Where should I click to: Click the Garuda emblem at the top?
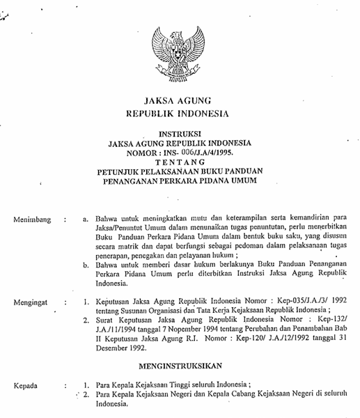click(180, 49)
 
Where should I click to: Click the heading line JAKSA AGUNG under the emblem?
click(180, 100)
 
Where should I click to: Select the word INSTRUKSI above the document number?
click(180, 131)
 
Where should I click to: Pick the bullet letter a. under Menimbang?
click(85, 220)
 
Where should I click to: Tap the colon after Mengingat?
click(65, 303)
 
